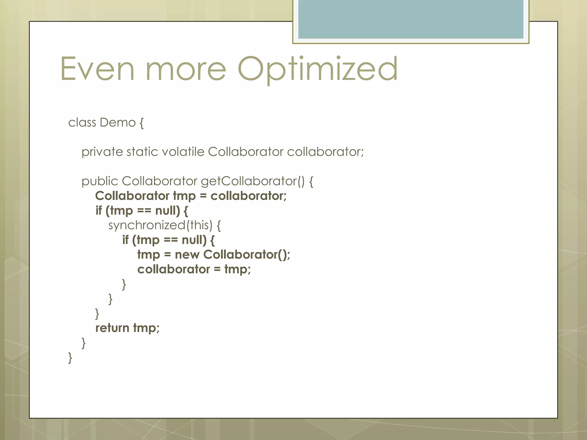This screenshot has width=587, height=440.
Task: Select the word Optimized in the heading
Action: (318, 70)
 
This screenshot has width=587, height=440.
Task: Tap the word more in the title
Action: (186, 70)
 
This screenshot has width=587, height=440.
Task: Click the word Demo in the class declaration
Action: (118, 123)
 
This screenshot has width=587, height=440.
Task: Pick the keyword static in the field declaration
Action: (142, 152)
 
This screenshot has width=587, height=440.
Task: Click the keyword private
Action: (102, 152)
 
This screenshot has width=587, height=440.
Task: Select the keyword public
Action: (100, 181)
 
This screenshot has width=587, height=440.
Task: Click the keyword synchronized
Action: (147, 225)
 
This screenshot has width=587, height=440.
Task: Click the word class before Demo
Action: (82, 123)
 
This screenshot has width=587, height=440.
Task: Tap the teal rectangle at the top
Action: (411, 19)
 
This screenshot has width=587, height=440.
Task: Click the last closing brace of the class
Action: (70, 358)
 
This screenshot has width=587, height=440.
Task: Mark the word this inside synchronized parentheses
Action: (199, 225)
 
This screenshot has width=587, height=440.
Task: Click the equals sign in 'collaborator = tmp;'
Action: (217, 270)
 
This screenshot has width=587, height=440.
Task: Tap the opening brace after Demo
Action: (142, 123)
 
